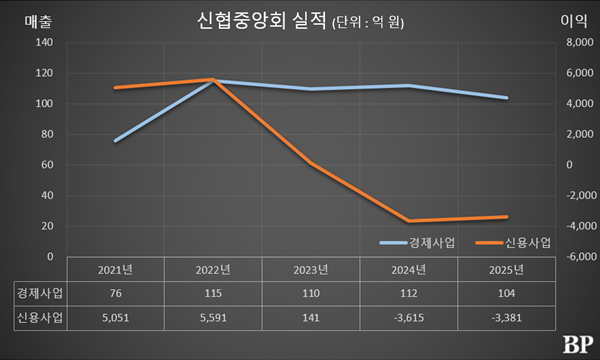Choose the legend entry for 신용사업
click(511, 243)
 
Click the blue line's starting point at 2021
click(116, 141)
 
